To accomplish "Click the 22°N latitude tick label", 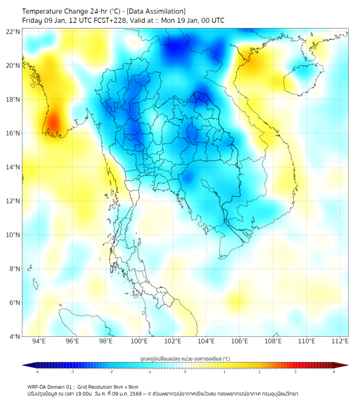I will tap(13, 31).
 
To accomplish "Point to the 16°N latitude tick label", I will tap(13, 133).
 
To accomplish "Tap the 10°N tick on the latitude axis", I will tap(13, 235).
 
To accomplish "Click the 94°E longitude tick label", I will tap(39, 341).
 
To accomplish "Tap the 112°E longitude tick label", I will tap(340, 341).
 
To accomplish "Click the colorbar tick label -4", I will tap(37, 372).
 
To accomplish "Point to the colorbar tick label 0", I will tap(185, 372).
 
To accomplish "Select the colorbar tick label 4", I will tap(334, 372).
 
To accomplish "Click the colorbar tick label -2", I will tap(111, 372).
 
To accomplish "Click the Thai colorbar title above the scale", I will tap(185, 358).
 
